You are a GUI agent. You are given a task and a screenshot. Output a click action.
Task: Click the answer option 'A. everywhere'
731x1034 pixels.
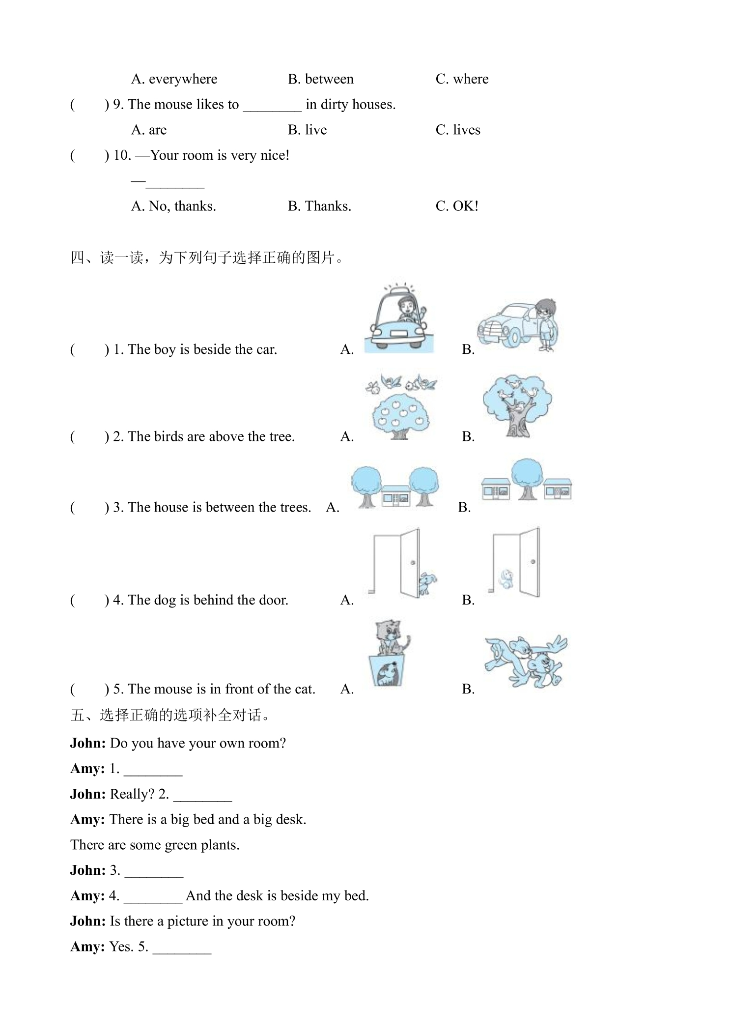(174, 79)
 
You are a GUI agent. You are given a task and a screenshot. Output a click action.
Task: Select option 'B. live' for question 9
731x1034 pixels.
(307, 130)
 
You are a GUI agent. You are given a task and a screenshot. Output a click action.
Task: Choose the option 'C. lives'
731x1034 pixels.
(458, 130)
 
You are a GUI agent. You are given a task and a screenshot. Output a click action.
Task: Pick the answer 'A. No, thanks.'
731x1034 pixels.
(173, 206)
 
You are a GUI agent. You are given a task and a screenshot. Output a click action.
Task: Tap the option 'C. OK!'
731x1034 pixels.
(457, 206)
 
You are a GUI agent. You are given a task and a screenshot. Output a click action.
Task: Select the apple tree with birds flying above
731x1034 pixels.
(401, 406)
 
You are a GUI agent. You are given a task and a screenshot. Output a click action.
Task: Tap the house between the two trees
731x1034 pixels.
(395, 496)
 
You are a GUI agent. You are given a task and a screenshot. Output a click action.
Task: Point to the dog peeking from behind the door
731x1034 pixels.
(427, 583)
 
